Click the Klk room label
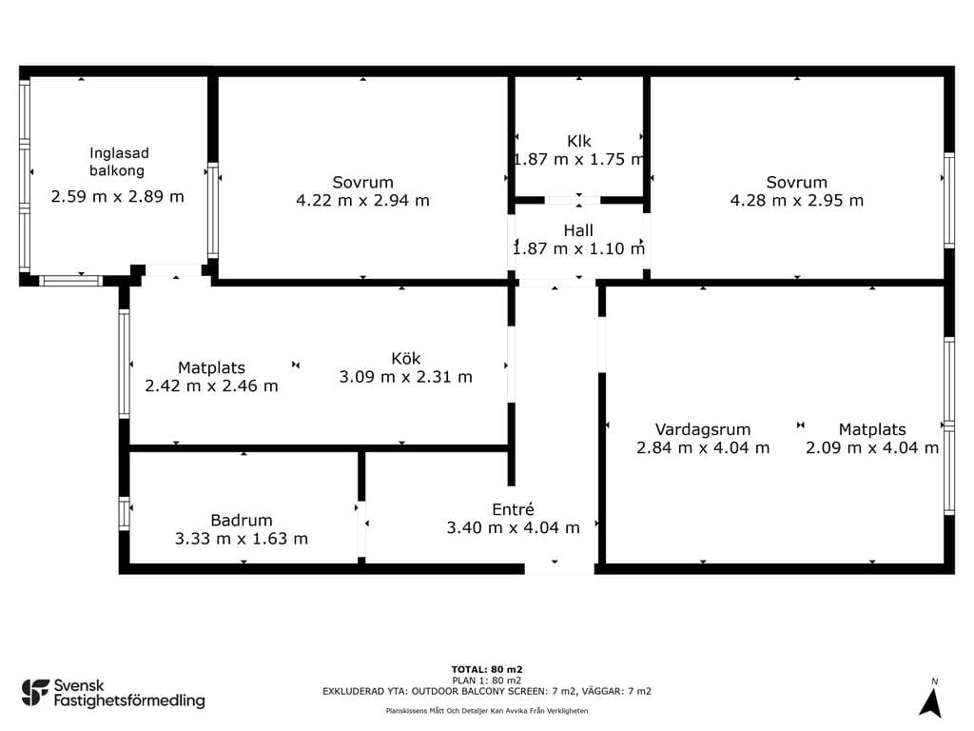point(579,141)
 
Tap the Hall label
point(578,230)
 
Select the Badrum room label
point(241,521)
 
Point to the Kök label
point(405,359)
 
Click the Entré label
point(513,510)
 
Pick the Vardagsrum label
point(703,429)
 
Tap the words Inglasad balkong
point(118,162)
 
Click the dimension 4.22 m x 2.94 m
point(362,200)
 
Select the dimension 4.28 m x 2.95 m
point(796,200)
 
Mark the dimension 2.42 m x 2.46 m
point(211,386)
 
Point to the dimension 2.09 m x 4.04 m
point(872,447)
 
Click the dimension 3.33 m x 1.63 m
point(241,539)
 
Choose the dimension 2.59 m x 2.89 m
point(117,196)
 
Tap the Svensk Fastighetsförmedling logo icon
point(35,693)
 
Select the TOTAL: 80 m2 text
point(487,669)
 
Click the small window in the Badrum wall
point(125,514)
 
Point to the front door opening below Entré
point(559,568)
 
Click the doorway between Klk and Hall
point(573,200)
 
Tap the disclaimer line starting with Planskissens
point(487,710)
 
